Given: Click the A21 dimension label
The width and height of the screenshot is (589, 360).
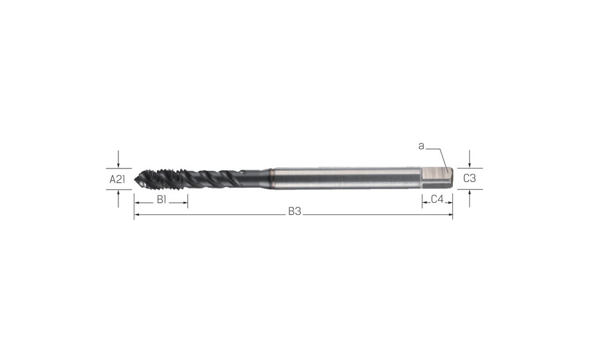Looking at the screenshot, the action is click(x=117, y=179).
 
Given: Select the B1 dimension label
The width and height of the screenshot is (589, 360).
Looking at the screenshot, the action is click(x=161, y=200).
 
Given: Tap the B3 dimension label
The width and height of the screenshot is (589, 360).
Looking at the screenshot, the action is click(x=295, y=212).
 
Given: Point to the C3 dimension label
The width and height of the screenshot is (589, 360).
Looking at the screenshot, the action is click(x=469, y=178).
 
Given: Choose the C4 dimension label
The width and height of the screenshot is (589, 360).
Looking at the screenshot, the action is click(x=437, y=199).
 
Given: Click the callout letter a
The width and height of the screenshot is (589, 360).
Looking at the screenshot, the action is click(x=421, y=146).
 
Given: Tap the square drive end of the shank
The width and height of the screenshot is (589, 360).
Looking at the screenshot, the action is click(x=437, y=178).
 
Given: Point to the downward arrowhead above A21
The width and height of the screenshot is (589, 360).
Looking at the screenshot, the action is click(x=118, y=165).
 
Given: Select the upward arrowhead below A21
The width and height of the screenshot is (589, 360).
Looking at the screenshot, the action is click(x=118, y=193).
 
